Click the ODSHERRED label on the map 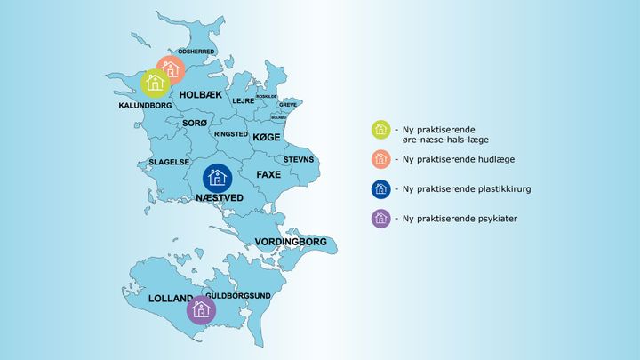coord(196,52)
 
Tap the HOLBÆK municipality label coord(200,94)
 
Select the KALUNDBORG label coord(145,105)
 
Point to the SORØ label coord(195,122)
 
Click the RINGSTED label coord(231,134)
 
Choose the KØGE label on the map coord(267,138)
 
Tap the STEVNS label coord(299,160)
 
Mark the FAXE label coord(268,175)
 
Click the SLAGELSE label coord(168,162)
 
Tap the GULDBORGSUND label coord(237,295)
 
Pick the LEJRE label coord(243,101)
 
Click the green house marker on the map coord(156,84)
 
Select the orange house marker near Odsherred coord(171,68)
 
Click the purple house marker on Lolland coord(202,309)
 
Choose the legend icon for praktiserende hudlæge coord(380,159)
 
